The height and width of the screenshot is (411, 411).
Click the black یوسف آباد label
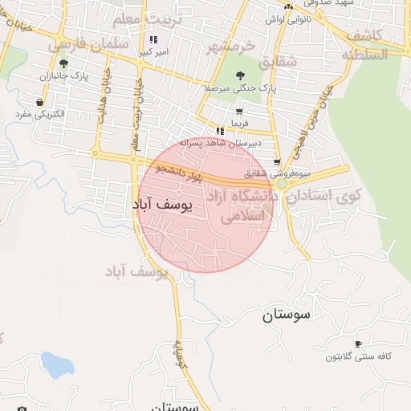click(163, 206)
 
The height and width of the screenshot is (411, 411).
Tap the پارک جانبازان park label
click(63, 78)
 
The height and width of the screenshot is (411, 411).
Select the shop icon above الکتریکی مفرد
click(40, 102)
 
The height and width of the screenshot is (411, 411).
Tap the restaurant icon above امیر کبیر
click(153, 39)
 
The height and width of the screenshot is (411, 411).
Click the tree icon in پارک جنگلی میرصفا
click(241, 75)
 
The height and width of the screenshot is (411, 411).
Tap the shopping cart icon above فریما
click(239, 112)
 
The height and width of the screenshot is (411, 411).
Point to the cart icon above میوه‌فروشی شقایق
click(277, 161)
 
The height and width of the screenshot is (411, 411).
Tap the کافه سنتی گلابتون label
click(358, 356)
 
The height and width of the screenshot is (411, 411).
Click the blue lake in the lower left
click(56, 364)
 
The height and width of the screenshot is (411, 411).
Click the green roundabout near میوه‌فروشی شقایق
click(282, 185)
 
